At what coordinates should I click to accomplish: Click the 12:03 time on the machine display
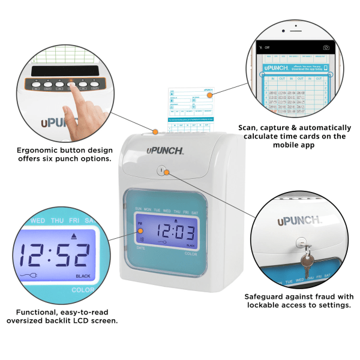click(175, 232)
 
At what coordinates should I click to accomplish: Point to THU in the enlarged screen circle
click(57, 221)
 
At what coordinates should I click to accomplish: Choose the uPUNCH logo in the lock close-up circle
click(299, 221)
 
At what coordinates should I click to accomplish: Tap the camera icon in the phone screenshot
click(326, 47)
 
